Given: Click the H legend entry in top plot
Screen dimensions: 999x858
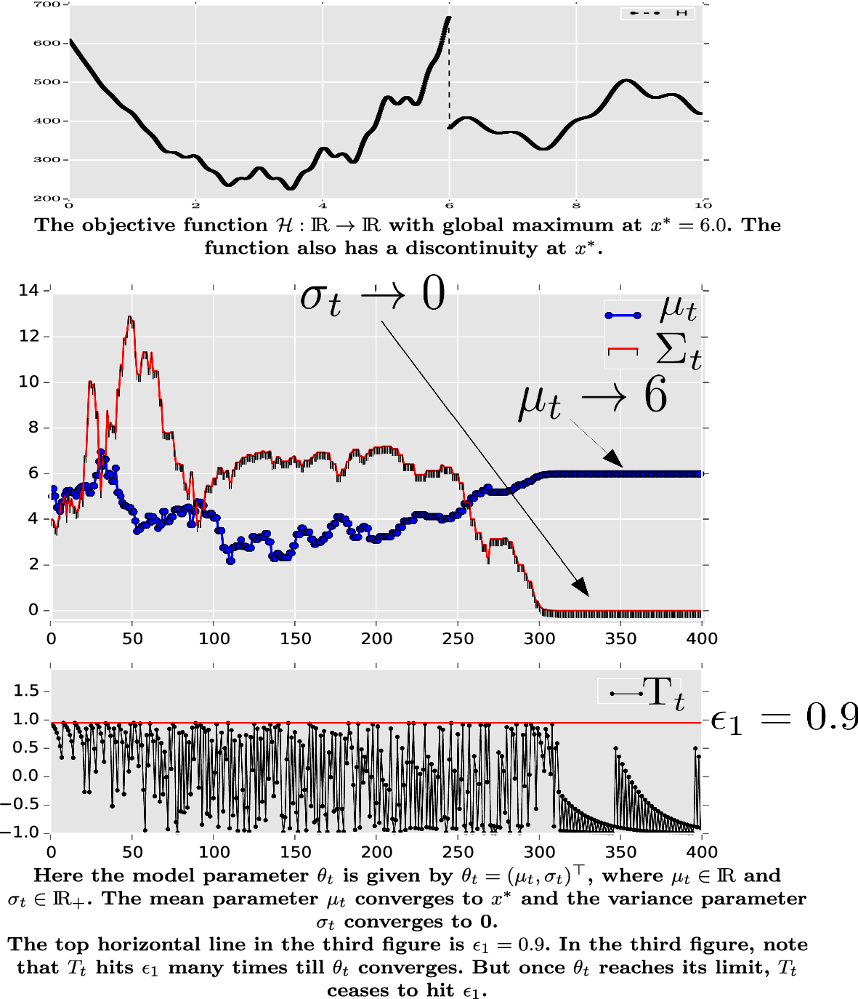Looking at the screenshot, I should [x=658, y=13].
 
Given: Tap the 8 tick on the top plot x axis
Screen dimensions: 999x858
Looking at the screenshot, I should [x=576, y=205].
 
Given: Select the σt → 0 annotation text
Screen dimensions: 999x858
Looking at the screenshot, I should [x=372, y=297].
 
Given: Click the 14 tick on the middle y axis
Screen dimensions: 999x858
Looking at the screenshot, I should [x=28, y=291].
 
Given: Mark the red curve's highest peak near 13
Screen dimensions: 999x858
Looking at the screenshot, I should [x=130, y=317].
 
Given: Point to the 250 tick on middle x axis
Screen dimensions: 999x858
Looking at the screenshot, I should [x=458, y=639].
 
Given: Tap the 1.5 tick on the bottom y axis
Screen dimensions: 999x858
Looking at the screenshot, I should [x=27, y=691].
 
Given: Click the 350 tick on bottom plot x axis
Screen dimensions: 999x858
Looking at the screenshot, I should [x=620, y=852].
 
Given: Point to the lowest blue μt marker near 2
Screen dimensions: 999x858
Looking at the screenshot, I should [x=230, y=561].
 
